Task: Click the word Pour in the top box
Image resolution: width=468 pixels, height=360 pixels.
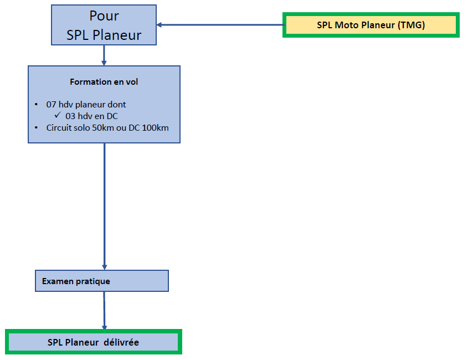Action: pos(104,16)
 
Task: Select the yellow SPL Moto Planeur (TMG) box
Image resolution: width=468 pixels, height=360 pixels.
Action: pos(371,25)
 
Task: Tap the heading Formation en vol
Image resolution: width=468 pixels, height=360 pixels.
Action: pos(104,82)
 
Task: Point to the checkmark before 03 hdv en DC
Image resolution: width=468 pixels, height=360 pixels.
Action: pos(58,115)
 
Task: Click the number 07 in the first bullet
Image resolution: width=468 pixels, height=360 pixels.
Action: pos(51,105)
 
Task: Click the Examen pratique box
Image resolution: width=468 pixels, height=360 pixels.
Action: pos(102,281)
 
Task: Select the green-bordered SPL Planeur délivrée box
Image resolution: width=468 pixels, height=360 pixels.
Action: pos(94,342)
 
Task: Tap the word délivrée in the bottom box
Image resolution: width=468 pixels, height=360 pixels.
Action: pos(121,342)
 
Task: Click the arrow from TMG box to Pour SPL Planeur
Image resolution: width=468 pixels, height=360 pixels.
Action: pos(220,25)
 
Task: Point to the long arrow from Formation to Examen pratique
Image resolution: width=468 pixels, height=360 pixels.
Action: pos(105,207)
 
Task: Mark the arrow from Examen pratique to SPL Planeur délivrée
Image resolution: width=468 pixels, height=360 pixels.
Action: pos(104,311)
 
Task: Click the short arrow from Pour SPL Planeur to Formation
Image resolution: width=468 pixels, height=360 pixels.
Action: pos(104,55)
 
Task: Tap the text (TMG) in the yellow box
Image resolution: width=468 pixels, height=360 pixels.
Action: pos(412,25)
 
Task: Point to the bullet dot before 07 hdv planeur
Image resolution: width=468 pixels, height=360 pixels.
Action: pos(36,105)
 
